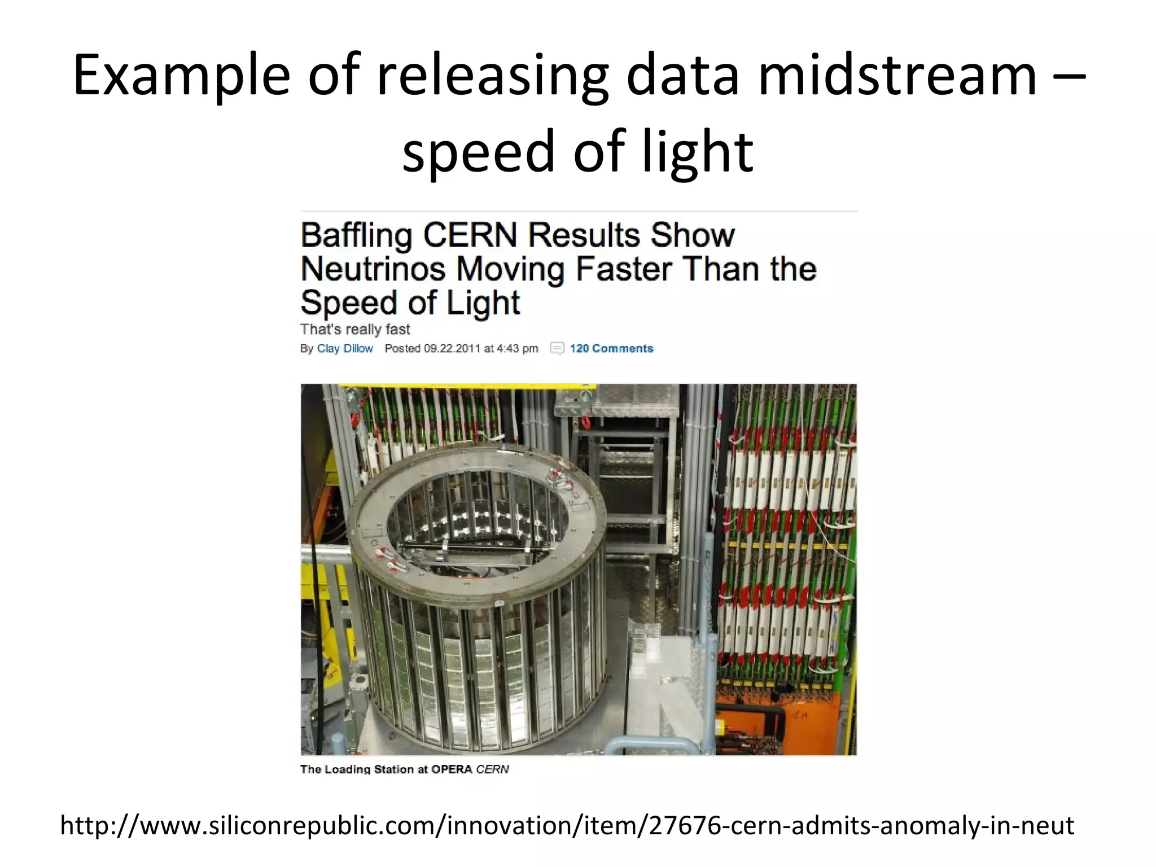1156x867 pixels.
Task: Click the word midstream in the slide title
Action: pos(897,75)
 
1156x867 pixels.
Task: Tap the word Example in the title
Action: pos(181,76)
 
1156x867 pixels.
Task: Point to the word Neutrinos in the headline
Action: pos(373,269)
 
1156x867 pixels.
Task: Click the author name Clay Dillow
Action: pos(345,348)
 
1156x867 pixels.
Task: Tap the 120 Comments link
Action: pos(611,348)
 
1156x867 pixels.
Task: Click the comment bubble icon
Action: pos(557,348)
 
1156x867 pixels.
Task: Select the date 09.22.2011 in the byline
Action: pos(452,348)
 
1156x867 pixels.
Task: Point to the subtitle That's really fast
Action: pos(355,329)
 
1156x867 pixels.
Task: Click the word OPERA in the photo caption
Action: pos(452,769)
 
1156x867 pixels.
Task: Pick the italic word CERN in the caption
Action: pos(492,769)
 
